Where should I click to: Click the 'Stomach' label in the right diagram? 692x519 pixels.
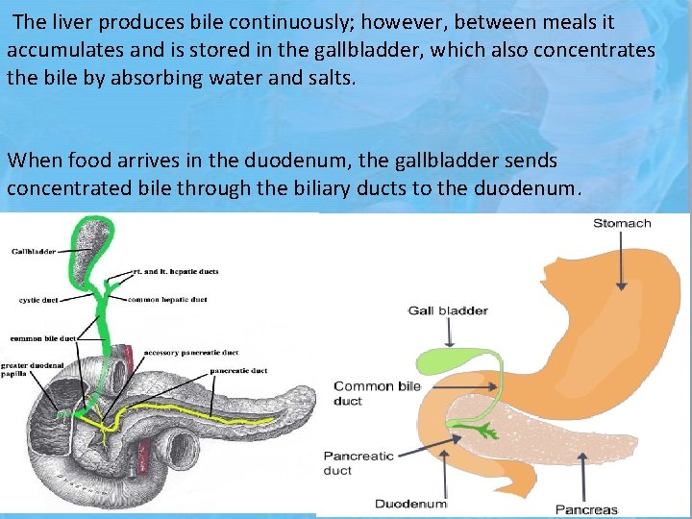622,223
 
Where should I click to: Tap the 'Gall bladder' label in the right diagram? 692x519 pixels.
448,310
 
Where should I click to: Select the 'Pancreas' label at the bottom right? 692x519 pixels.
587,509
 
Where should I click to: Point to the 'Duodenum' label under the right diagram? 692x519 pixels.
410,503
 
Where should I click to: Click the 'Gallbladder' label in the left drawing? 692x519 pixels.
35,252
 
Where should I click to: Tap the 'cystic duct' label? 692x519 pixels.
38,300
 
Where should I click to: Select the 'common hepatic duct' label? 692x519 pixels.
168,300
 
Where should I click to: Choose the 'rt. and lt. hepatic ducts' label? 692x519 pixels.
178,272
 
